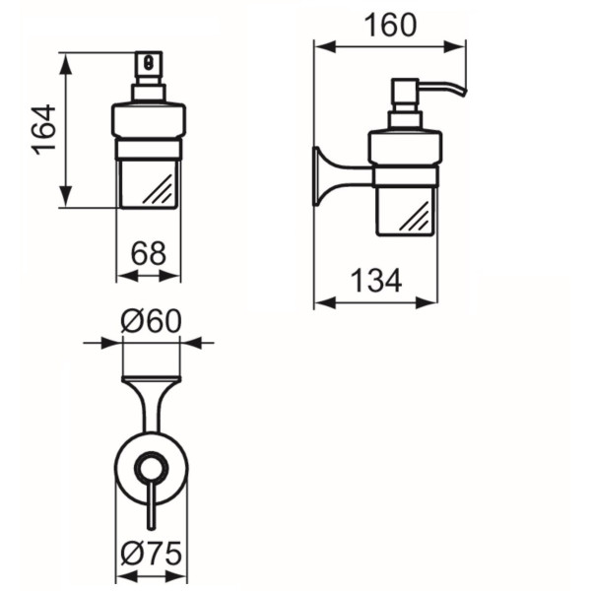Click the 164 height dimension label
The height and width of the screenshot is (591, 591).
[x=44, y=130]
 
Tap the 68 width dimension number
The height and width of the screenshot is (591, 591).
[x=148, y=254]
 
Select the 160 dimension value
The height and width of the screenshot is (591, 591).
[x=390, y=26]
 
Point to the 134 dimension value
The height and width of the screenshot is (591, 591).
[x=376, y=281]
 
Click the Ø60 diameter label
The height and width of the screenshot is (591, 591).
[x=151, y=321]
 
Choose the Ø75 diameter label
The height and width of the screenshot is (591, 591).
[x=151, y=554]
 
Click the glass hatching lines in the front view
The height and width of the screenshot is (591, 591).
[x=159, y=190]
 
